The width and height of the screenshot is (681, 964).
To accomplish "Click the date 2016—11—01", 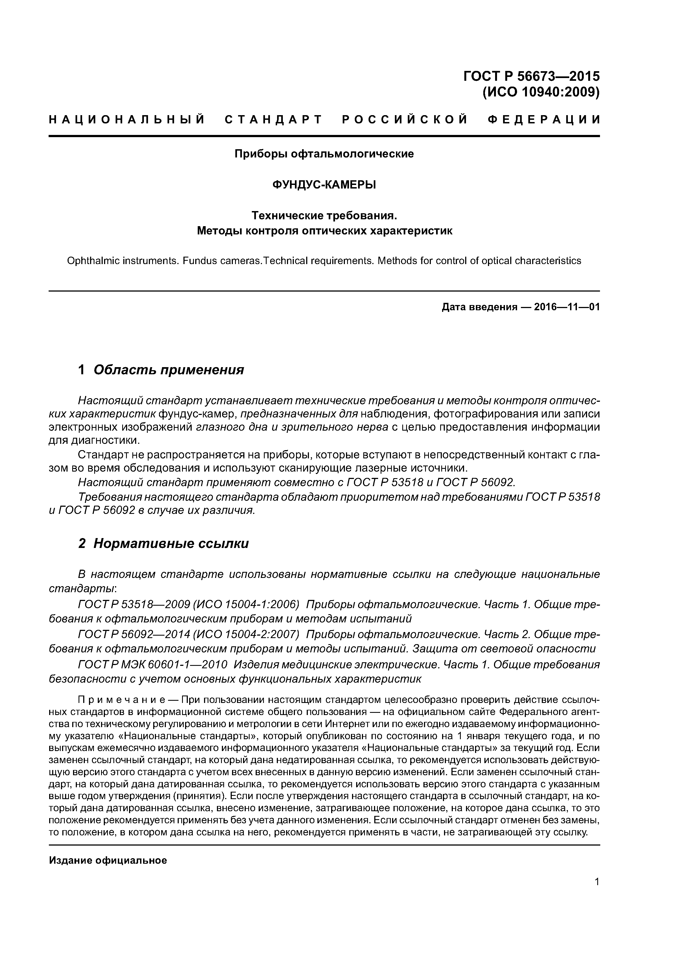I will click(x=567, y=307).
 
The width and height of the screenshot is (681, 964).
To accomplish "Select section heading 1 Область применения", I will click(x=161, y=370).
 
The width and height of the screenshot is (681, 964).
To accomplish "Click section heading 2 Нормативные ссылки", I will click(x=164, y=544).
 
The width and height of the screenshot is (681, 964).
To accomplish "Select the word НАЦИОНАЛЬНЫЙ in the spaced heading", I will click(x=127, y=120).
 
